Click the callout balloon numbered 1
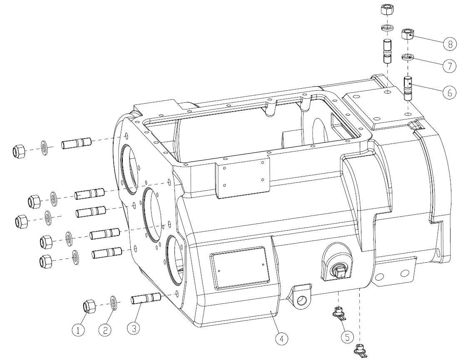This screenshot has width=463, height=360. pyautogui.click(x=78, y=330)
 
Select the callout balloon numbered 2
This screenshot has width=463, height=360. pyautogui.click(x=105, y=330)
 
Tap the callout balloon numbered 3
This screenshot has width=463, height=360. pyautogui.click(x=134, y=328)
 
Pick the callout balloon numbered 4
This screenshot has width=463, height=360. pyautogui.click(x=282, y=339)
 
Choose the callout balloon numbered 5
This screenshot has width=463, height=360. pyautogui.click(x=347, y=337)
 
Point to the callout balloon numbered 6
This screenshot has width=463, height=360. pyautogui.click(x=449, y=93)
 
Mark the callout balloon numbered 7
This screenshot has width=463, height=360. pyautogui.click(x=449, y=65)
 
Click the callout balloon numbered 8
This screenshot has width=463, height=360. pyautogui.click(x=449, y=44)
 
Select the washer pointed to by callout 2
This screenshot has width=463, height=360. pyautogui.click(x=114, y=303)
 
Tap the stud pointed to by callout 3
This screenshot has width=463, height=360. pyautogui.click(x=146, y=298)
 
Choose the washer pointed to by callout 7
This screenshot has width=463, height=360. pyautogui.click(x=408, y=57)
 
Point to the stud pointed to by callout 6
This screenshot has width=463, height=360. pyautogui.click(x=408, y=88)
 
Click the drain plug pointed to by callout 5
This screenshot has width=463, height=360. pyautogui.click(x=339, y=314)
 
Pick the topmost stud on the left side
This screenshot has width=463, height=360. pyautogui.click(x=76, y=143)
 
